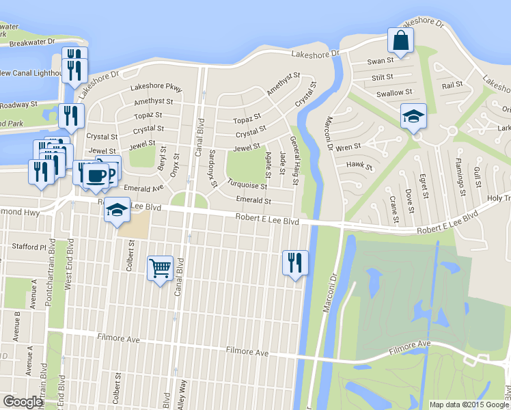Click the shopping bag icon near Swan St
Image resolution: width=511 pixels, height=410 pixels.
point(400,41)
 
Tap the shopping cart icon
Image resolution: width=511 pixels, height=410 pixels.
point(160,268)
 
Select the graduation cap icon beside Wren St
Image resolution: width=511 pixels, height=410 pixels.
point(413,116)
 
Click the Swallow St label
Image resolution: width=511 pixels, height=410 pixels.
point(395,93)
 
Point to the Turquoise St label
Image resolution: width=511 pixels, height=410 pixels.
point(247,184)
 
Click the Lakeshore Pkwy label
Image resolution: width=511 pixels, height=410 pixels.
point(156,88)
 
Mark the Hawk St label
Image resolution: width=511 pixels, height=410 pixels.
point(360,165)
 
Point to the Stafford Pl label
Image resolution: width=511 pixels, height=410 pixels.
point(29,247)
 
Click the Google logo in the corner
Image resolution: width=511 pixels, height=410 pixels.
point(23,402)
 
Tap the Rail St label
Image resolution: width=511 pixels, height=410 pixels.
point(452,85)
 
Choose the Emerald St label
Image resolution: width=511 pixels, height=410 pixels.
point(253,201)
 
